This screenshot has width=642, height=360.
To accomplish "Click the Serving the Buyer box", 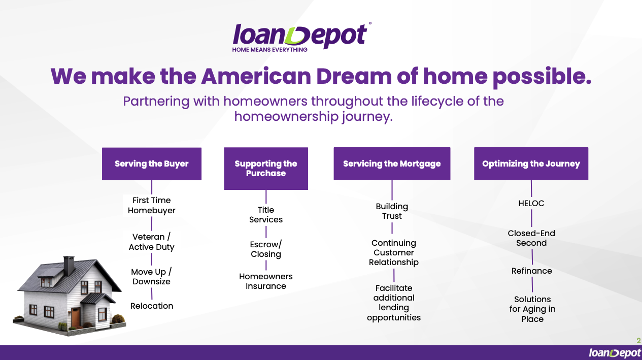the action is tap(152, 164).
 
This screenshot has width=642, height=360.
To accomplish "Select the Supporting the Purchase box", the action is tap(266, 169).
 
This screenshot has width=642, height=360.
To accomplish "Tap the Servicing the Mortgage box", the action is tap(392, 163).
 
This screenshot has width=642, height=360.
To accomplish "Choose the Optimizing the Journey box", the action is tap(531, 163).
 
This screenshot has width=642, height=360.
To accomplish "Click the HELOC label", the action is tap(531, 204).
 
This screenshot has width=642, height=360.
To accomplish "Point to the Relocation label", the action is tap(152, 306).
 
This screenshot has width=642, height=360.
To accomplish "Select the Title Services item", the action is tap(266, 215).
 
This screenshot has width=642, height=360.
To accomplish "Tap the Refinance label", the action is tap(532, 271).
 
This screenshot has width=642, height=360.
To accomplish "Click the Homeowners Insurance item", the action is tap(266, 281).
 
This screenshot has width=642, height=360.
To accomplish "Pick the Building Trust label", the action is tap(392, 211).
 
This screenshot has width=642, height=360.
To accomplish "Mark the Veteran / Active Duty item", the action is tap(152, 242).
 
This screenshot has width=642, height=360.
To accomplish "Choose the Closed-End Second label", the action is tap(531, 238).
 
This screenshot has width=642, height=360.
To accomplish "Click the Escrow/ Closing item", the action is tap(266, 249).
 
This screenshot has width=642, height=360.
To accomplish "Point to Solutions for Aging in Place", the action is tap(532, 309).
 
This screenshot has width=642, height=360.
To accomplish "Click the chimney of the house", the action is tap(69, 266).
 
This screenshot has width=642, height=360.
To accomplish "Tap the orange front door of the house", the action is tap(76, 317).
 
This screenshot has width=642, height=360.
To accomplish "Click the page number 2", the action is tap(638, 341).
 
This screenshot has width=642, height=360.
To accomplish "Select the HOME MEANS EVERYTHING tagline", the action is tap(269, 50).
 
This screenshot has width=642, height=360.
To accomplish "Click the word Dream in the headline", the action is tap(354, 76).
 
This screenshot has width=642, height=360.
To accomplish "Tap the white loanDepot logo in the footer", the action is tap(615, 353).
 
